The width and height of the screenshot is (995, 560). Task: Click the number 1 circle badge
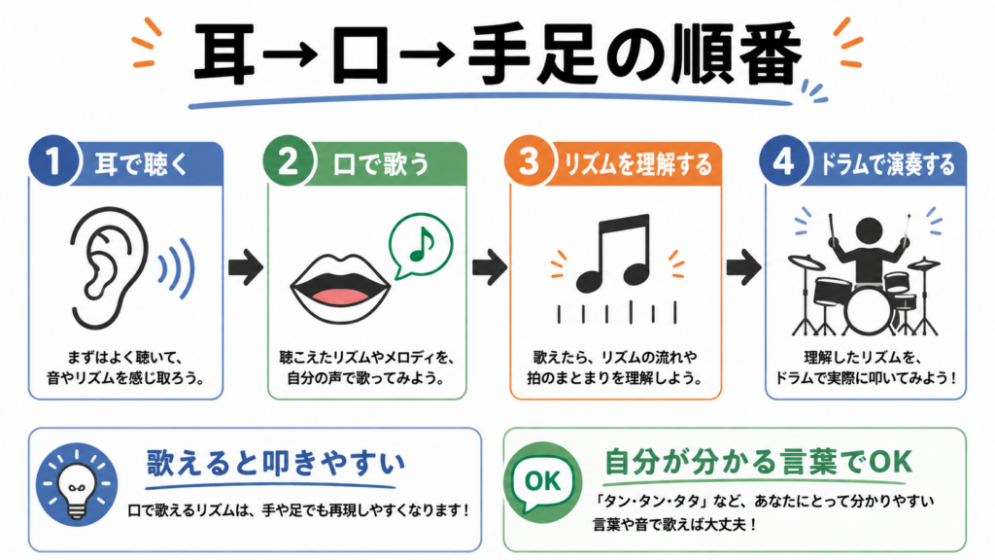pos(53,161)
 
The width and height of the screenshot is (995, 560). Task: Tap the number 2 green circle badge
pos(288,161)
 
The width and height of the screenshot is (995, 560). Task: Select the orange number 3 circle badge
pos(530,161)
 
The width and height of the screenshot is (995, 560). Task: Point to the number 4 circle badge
pos(784,161)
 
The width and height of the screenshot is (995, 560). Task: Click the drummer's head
pos(869,231)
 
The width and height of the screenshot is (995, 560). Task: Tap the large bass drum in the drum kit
pos(869,311)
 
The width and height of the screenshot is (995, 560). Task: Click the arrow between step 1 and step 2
pos(245,266)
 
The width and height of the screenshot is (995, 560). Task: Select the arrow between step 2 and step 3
pos(489,266)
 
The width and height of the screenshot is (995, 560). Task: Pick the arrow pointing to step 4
pos(743,266)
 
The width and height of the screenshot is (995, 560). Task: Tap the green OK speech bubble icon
pos(543,479)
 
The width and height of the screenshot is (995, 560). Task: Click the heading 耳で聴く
pos(142,164)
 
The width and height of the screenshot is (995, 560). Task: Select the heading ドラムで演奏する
pos(887,164)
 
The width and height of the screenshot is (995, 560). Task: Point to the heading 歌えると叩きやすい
pos(276,464)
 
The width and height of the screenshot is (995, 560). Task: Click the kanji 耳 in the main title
pos(224,55)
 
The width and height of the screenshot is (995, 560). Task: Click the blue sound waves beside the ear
pos(177,268)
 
